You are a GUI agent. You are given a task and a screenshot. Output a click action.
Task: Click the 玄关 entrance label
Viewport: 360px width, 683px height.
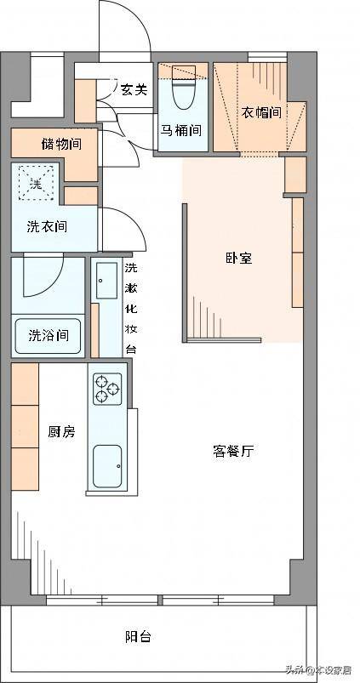tap(134, 89)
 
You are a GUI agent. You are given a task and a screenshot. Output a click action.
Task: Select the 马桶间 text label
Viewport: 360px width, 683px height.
tap(182, 130)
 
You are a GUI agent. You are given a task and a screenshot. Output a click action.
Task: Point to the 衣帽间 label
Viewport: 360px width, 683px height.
tap(261, 113)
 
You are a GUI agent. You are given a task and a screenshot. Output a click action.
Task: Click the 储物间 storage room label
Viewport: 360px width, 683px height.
tap(61, 144)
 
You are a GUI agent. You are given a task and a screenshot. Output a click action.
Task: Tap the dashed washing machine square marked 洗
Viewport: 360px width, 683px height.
tap(37, 183)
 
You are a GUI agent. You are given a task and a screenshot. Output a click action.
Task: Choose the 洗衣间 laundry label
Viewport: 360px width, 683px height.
tap(47, 226)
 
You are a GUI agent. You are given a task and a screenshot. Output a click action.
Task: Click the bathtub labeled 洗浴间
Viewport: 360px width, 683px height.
tap(48, 336)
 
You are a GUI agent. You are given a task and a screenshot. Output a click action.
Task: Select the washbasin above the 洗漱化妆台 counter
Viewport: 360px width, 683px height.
tap(106, 281)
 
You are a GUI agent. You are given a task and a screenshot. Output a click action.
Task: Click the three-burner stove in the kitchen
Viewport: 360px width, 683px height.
tap(107, 389)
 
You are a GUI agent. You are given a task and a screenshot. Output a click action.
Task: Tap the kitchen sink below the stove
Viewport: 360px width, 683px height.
tap(107, 466)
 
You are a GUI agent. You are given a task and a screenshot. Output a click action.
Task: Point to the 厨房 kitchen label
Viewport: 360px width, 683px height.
tap(61, 432)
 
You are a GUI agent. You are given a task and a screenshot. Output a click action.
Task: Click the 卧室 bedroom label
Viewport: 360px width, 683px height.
tap(239, 259)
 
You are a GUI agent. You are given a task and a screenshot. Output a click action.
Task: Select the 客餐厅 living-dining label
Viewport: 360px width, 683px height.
tap(233, 452)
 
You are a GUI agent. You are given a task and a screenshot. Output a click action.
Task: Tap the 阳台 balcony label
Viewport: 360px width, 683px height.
tap(138, 637)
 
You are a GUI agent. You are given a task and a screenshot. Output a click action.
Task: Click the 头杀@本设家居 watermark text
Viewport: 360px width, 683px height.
tap(318, 670)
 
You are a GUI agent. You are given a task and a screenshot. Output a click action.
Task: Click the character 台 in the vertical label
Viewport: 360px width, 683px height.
tap(131, 349)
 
